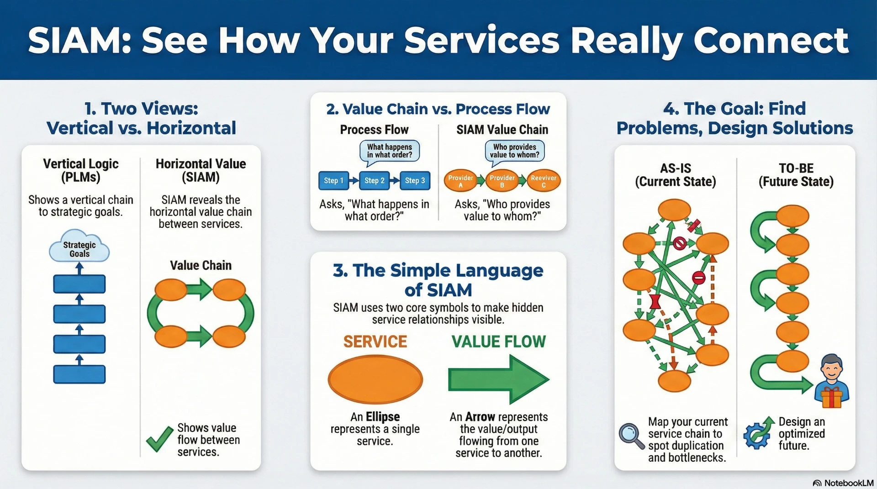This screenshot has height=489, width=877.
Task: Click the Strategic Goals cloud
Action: click(79, 248)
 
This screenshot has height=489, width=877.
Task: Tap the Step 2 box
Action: click(374, 180)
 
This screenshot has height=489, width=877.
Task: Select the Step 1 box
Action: click(333, 180)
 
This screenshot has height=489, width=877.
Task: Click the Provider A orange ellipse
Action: click(460, 181)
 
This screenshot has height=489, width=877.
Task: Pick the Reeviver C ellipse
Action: click(544, 181)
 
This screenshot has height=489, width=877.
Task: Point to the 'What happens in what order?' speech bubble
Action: click(390, 151)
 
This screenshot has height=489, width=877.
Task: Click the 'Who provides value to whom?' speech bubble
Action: click(515, 151)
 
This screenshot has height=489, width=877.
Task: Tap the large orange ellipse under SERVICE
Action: click(375, 379)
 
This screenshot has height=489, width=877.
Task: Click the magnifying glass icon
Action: click(631, 436)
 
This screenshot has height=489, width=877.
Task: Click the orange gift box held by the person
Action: click(831, 397)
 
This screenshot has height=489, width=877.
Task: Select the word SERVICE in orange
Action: click(375, 342)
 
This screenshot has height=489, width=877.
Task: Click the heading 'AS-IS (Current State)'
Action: click(675, 175)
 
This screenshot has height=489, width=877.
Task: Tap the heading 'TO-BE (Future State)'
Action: click(796, 175)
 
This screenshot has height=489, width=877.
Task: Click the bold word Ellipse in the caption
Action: click(382, 416)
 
